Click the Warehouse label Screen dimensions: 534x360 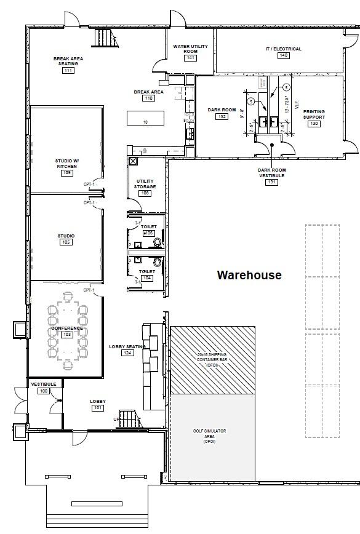click(249, 275)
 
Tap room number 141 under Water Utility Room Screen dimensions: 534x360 click(190, 58)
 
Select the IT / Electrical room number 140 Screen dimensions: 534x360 click(283, 55)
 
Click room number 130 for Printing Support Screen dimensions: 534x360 click(314, 124)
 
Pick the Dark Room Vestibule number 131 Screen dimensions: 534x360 click(271, 181)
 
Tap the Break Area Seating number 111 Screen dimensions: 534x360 click(68, 71)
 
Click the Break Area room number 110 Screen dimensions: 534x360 click(148, 98)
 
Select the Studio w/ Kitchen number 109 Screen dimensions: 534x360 click(67, 173)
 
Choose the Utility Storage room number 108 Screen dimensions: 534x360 click(145, 193)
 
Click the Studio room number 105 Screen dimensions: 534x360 click(66, 242)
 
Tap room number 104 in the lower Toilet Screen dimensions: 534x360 click(146, 278)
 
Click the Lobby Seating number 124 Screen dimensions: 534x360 click(127, 353)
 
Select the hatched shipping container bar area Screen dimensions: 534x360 click(212, 360)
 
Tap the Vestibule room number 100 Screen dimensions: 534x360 click(43, 391)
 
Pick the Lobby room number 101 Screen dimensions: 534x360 click(97, 408)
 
